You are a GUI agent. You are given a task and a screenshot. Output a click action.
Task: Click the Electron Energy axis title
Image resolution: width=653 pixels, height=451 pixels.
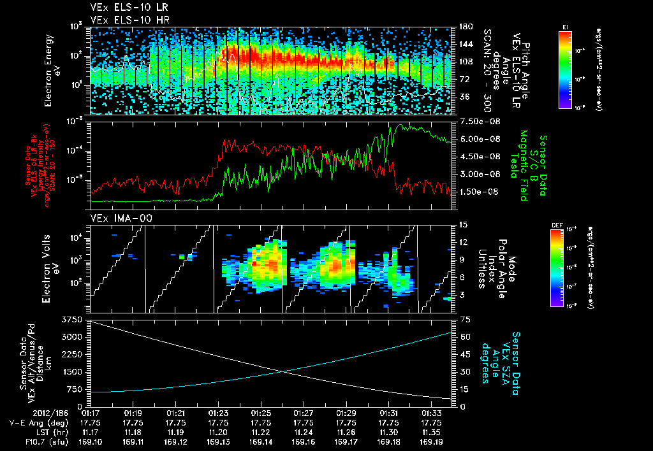click(x=50, y=70)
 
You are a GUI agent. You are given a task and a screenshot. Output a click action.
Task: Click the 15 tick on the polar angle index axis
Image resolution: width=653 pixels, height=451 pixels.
click(x=462, y=225)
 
